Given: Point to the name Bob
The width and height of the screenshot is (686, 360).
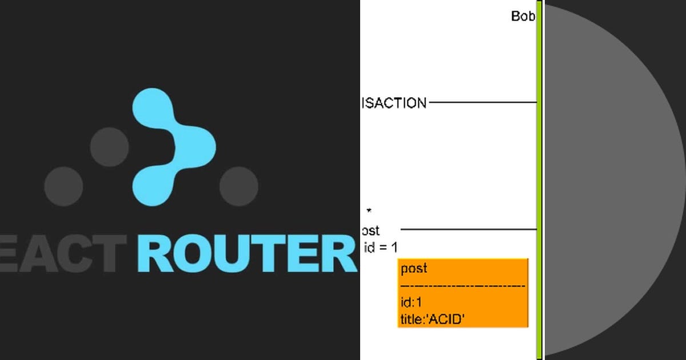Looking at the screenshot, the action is (523, 16).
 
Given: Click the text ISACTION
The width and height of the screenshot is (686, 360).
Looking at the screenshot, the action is (394, 103).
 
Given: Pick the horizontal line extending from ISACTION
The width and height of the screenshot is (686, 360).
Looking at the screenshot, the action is (483, 103).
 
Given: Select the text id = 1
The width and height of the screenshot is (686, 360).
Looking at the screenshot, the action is (380, 248).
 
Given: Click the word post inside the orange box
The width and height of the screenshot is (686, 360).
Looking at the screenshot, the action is (414, 269).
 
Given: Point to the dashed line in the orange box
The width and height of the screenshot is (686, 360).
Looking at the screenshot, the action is (462, 285).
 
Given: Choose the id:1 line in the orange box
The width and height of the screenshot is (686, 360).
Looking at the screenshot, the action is (411, 302).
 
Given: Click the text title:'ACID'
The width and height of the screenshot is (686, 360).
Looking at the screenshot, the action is (432, 319).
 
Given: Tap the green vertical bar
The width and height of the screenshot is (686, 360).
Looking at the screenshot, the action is (539, 180).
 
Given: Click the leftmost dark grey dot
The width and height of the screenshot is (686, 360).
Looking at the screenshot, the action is (63, 186).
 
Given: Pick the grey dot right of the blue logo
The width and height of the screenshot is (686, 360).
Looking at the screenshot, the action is (238, 186).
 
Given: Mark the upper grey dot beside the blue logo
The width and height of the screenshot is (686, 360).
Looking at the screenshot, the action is (109, 147).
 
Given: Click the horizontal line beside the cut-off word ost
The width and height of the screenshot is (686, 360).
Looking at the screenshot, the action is (469, 230).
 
